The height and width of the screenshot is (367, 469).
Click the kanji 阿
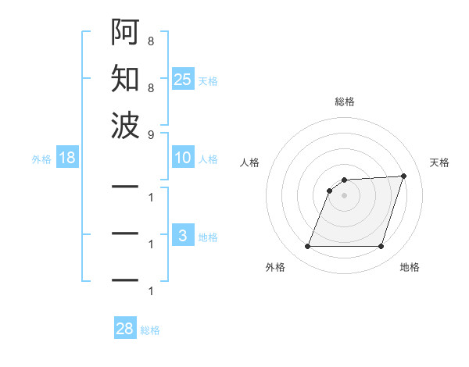[125, 33]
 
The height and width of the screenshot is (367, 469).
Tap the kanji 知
[125, 78]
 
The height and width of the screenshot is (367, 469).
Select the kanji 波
[125, 124]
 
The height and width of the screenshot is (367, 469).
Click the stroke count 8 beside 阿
[150, 41]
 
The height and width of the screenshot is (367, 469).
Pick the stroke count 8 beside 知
[150, 87]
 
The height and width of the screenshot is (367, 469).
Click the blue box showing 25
[183, 80]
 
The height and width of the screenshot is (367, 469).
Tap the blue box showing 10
[183, 159]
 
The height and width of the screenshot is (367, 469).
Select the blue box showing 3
[183, 236]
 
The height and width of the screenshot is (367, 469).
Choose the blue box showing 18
[67, 159]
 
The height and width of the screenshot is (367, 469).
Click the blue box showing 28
[125, 329]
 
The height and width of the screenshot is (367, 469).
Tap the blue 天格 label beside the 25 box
[208, 81]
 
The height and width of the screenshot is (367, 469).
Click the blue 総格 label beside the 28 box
[150, 330]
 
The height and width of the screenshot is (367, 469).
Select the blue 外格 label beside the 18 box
[41, 159]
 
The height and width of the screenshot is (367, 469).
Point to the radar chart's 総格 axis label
[344, 102]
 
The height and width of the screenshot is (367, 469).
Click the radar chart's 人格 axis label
[249, 162]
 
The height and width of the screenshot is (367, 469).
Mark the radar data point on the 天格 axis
[404, 176]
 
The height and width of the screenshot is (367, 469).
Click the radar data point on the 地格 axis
[381, 247]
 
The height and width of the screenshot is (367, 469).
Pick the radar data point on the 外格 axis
[307, 247]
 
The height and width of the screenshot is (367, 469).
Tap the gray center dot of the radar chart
[344, 195]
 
